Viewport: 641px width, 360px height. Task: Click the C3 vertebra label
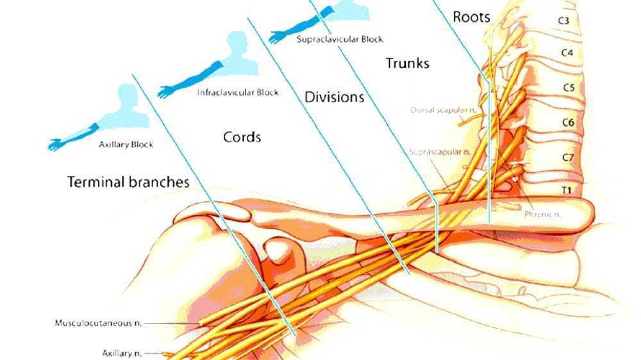tap(563, 20)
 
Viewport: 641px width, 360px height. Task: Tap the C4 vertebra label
tap(566, 53)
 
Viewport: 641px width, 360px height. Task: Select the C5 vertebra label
tap(568, 88)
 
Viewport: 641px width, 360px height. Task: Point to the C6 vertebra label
tap(567, 122)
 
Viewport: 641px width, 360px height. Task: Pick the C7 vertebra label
tap(567, 157)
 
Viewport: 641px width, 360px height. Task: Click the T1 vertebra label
tap(567, 190)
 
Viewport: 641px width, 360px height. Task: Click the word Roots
tap(471, 17)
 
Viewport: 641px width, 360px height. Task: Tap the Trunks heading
tap(407, 63)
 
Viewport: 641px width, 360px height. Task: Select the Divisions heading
tap(334, 97)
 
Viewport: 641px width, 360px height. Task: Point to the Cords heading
tap(242, 137)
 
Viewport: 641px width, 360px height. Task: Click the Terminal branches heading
tap(128, 182)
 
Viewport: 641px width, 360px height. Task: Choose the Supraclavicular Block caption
tap(340, 39)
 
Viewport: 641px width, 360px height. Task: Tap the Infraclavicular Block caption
tap(238, 93)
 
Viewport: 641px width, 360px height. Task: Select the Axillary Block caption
tap(126, 145)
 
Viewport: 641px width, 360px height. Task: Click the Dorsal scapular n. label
tap(443, 110)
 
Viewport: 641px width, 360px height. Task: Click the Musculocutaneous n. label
tap(98, 323)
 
